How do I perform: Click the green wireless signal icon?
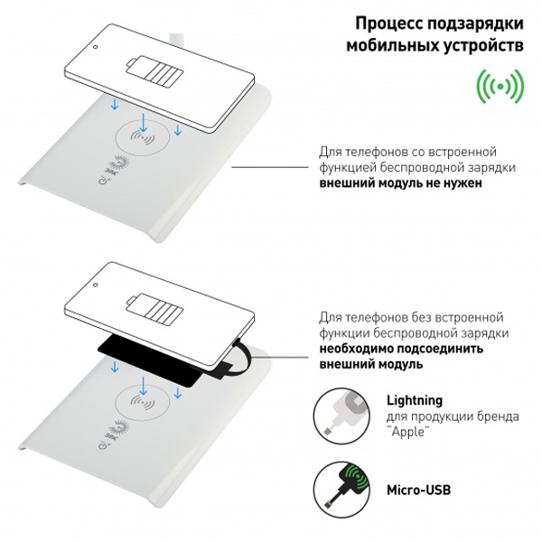tap(500, 86)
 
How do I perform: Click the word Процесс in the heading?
tap(387, 23)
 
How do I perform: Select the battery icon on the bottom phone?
tap(154, 309)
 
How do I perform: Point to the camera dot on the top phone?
tap(96, 47)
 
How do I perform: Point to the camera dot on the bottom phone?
tap(96, 285)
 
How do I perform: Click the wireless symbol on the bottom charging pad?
tap(143, 402)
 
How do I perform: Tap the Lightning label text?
tap(415, 400)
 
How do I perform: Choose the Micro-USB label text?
tap(418, 490)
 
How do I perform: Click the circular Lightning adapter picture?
tap(341, 416)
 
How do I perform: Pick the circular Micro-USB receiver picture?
tap(341, 490)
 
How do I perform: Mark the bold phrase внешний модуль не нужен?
tap(400, 182)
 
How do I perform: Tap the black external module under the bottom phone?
tap(149, 360)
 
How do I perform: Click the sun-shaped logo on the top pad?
tap(119, 163)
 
